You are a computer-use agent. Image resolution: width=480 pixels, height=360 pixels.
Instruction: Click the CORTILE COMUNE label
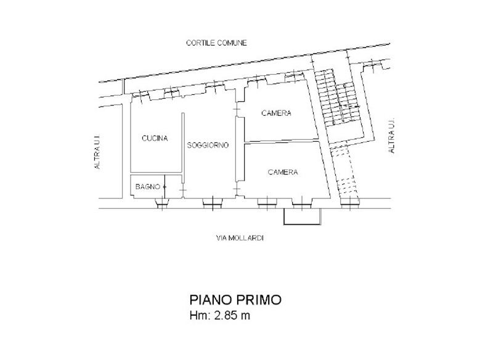(216, 43)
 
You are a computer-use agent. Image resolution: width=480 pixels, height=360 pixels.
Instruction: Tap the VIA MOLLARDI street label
(240, 238)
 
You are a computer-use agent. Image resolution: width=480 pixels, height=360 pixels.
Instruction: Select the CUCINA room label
(155, 139)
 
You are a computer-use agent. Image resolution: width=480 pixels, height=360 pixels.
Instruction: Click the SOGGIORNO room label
(208, 145)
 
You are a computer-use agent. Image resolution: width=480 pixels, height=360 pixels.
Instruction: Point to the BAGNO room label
(148, 187)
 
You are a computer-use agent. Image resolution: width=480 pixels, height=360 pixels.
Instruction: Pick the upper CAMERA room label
(276, 113)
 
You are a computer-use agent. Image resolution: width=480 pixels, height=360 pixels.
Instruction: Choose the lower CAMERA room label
(283, 172)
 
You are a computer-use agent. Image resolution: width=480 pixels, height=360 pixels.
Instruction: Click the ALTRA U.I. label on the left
(97, 152)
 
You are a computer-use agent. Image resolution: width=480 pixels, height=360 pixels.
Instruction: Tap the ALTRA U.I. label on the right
(391, 136)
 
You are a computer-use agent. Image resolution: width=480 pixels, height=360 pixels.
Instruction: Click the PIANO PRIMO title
(235, 300)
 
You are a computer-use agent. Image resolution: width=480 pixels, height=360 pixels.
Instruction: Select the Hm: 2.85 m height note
(220, 315)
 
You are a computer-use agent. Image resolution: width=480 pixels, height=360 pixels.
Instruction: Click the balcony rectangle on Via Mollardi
(303, 217)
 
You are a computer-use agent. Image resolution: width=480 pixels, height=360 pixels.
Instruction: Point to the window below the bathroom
(162, 203)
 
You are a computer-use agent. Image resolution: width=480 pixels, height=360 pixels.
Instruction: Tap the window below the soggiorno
(213, 203)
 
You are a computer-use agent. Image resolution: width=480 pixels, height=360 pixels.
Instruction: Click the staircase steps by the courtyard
(338, 97)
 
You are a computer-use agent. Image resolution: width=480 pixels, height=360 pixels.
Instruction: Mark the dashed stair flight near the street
(345, 171)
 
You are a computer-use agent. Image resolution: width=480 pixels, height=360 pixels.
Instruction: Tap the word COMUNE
(231, 43)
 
